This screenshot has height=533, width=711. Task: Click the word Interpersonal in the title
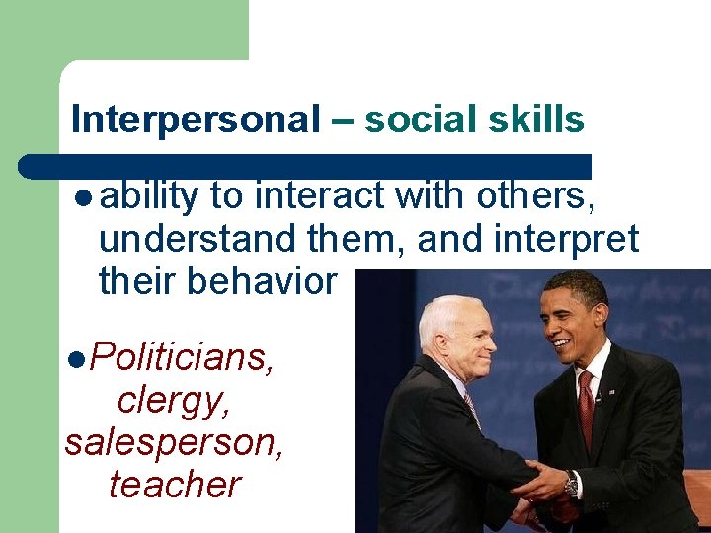[196, 120]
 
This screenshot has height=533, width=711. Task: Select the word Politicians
[180, 356]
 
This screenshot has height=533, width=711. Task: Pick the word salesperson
[175, 442]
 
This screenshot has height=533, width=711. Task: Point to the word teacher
[175, 485]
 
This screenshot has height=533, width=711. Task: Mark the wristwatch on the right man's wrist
[572, 485]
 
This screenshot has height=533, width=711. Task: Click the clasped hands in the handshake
[538, 486]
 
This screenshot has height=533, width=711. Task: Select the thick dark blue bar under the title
[306, 165]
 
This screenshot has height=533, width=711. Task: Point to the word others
[535, 196]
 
